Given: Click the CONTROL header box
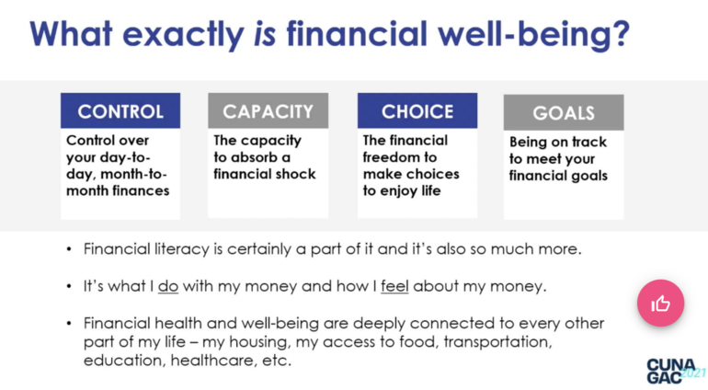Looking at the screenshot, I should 120,111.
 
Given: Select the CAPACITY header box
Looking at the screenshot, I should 268,111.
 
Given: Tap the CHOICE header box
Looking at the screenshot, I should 417,111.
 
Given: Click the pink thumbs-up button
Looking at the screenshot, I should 661,303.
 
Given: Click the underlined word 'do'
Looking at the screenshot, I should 168,286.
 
